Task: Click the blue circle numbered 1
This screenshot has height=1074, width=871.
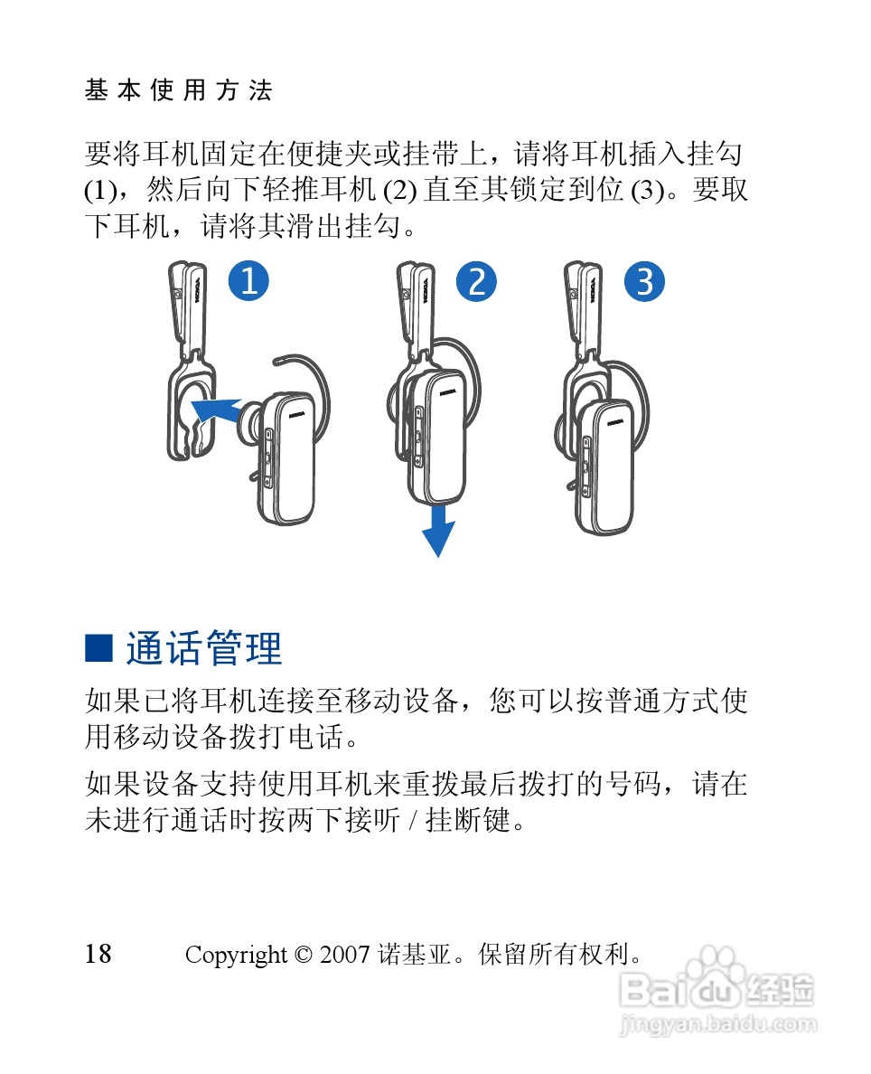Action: click(x=248, y=281)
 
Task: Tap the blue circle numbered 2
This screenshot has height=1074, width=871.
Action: click(x=476, y=281)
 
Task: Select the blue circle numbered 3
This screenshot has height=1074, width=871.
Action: click(x=644, y=281)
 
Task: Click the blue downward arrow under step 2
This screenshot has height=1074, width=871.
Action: click(x=438, y=531)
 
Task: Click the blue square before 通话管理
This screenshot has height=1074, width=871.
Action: click(x=98, y=648)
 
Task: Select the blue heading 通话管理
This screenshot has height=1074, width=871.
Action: click(x=204, y=648)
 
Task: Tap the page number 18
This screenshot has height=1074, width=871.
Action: click(x=98, y=954)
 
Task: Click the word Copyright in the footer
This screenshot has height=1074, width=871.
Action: click(x=236, y=955)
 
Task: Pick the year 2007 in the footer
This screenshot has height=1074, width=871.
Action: click(x=344, y=954)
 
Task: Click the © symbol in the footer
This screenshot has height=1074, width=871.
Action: click(x=304, y=954)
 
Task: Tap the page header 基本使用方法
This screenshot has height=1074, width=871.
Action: click(x=179, y=89)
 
